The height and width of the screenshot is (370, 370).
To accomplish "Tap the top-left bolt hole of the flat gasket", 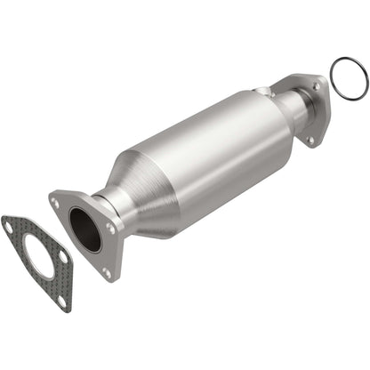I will coord(9,227).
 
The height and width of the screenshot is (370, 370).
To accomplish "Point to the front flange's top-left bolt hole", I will coord(57,204).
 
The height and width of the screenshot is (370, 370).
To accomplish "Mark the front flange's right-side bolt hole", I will coord(110,227).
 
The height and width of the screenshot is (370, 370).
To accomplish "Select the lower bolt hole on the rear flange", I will coord(310,141).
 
